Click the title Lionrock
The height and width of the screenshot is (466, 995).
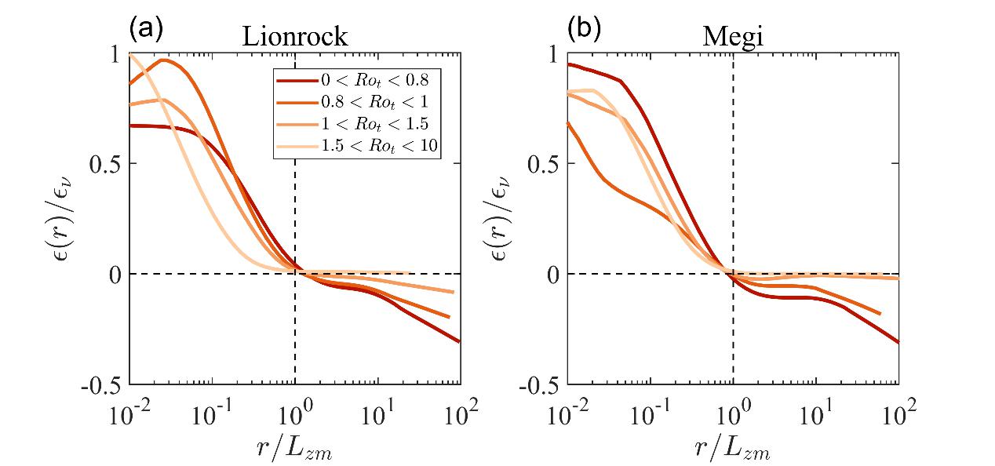click(x=295, y=37)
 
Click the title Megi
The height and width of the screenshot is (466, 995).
click(x=733, y=37)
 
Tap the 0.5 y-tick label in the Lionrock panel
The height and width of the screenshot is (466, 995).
click(x=107, y=163)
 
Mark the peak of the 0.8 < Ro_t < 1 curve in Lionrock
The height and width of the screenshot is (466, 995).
click(x=163, y=60)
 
